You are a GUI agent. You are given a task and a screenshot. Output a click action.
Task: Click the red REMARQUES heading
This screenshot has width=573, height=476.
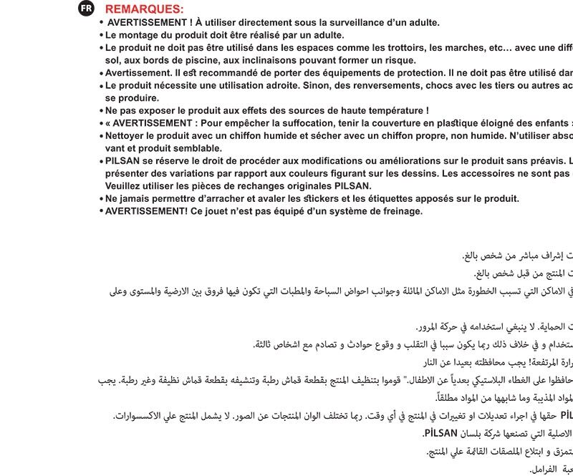click(144, 9)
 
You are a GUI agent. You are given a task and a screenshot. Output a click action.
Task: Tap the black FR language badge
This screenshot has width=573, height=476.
click(86, 8)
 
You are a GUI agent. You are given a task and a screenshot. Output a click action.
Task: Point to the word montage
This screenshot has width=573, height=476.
click(139, 35)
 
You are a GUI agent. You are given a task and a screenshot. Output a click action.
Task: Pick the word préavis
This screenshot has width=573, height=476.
click(541, 160)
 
